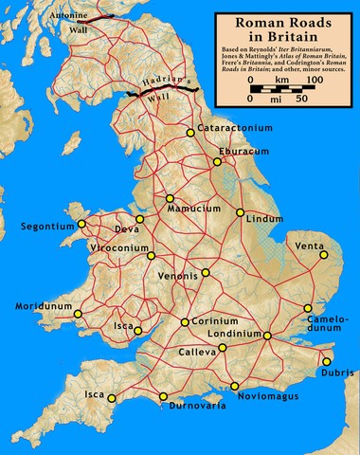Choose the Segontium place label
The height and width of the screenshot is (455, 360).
tap(46, 227)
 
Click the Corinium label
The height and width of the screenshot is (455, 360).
tap(213, 322)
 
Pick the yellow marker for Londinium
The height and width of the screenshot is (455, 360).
tap(268, 336)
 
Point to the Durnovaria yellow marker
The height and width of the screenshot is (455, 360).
tap(164, 396)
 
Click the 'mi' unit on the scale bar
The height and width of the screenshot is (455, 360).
tap(277, 98)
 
